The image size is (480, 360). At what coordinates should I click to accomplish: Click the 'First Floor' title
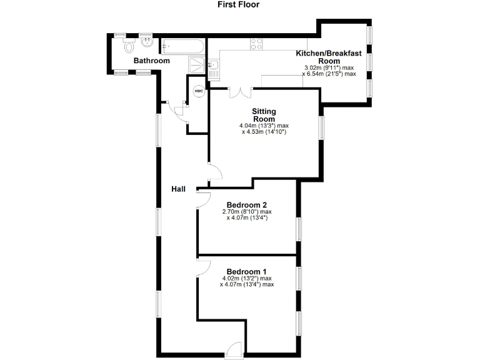[238, 5]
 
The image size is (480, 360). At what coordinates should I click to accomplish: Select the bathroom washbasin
[146, 44]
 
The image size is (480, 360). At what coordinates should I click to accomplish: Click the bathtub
[182, 46]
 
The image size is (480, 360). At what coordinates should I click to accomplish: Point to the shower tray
[197, 64]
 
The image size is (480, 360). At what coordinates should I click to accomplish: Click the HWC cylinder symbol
[199, 91]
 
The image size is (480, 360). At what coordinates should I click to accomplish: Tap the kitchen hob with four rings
[256, 44]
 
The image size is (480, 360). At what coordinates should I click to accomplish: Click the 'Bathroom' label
[152, 61]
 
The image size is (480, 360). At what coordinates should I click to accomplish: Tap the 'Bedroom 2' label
[247, 205]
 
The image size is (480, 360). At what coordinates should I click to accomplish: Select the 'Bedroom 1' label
[247, 271]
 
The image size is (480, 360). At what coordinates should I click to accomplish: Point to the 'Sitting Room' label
[264, 115]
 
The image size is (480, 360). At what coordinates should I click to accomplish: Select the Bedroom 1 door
[202, 267]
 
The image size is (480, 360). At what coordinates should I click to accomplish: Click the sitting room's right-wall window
[322, 127]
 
